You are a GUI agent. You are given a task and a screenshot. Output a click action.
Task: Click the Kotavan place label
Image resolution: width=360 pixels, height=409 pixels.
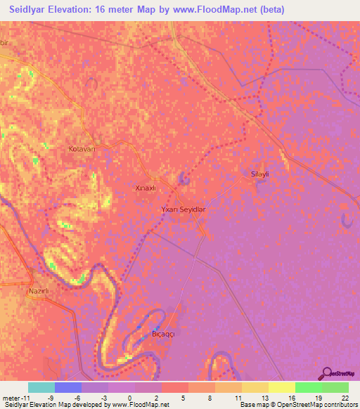[x=82, y=149]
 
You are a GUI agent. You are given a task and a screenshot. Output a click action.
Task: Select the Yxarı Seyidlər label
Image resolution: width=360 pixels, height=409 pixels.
[x=184, y=209]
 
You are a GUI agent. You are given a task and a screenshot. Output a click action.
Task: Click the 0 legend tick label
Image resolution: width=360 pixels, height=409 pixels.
[x=129, y=397]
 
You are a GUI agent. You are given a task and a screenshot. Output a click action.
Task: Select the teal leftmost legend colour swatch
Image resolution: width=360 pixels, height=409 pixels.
[x=41, y=387]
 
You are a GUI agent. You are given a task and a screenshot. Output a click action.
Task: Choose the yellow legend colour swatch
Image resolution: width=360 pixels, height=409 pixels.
[x=281, y=387]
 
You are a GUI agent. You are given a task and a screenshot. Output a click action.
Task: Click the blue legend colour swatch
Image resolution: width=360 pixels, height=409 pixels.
[x=67, y=387]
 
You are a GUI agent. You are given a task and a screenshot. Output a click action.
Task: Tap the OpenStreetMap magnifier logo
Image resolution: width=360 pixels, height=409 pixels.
[x=326, y=373]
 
